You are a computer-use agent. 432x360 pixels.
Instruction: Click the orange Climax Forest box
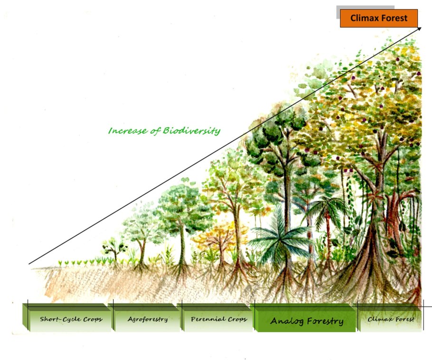(378, 18)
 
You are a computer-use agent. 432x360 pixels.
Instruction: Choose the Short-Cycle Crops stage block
(71, 319)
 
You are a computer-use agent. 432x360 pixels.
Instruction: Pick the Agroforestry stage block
(148, 319)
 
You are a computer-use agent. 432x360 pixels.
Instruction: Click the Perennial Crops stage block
(219, 319)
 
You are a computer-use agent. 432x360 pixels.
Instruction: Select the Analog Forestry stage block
(307, 321)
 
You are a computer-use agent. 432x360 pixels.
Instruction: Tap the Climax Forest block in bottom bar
(391, 319)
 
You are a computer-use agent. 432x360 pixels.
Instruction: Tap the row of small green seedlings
(81, 262)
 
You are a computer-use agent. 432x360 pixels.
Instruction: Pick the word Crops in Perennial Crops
(236, 319)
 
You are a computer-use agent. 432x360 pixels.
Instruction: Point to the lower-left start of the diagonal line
(29, 264)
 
